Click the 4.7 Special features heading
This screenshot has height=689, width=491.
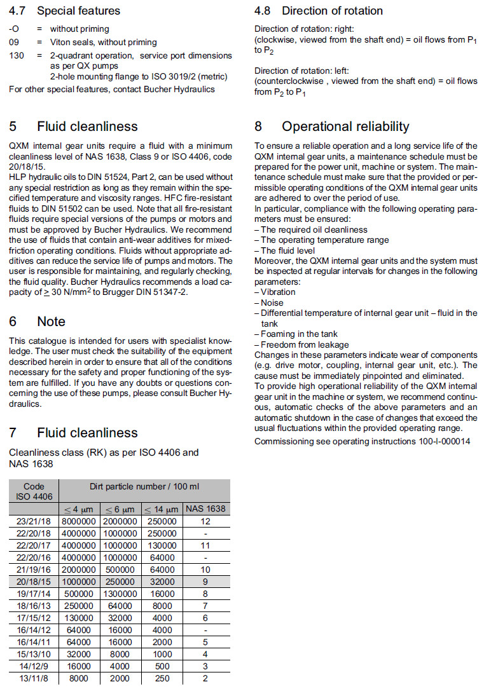[64, 11]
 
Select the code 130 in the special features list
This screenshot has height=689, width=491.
[17, 56]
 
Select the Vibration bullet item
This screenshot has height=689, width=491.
[278, 292]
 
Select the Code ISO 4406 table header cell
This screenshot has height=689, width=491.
[34, 491]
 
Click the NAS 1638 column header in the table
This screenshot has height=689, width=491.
[205, 508]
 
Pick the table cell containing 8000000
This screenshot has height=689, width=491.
[79, 521]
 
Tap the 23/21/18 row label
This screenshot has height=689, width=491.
[34, 521]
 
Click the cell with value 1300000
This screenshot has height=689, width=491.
[120, 593]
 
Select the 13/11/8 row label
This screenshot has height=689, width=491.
[34, 679]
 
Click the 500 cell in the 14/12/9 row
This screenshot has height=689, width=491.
[162, 667]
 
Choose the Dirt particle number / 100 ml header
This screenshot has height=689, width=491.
[144, 486]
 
